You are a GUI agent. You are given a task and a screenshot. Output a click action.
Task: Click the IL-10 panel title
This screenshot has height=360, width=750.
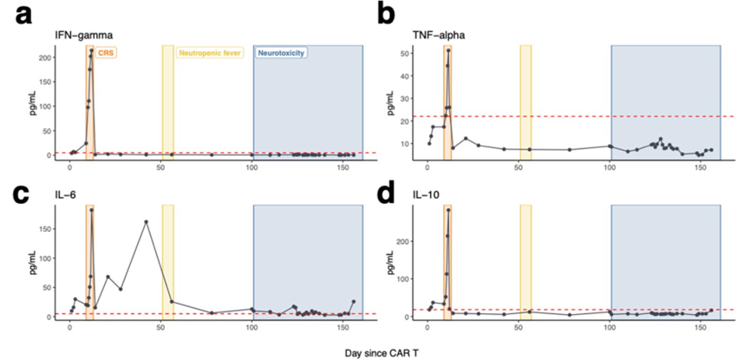427,197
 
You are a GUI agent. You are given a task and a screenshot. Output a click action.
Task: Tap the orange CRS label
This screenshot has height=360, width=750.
106,53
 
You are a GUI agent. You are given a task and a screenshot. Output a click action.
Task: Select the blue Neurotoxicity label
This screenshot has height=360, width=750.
281,53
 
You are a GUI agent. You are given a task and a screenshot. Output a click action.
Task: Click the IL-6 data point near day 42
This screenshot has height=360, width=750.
146,222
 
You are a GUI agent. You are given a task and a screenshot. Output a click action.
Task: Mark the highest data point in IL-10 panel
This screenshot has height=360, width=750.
448,210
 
